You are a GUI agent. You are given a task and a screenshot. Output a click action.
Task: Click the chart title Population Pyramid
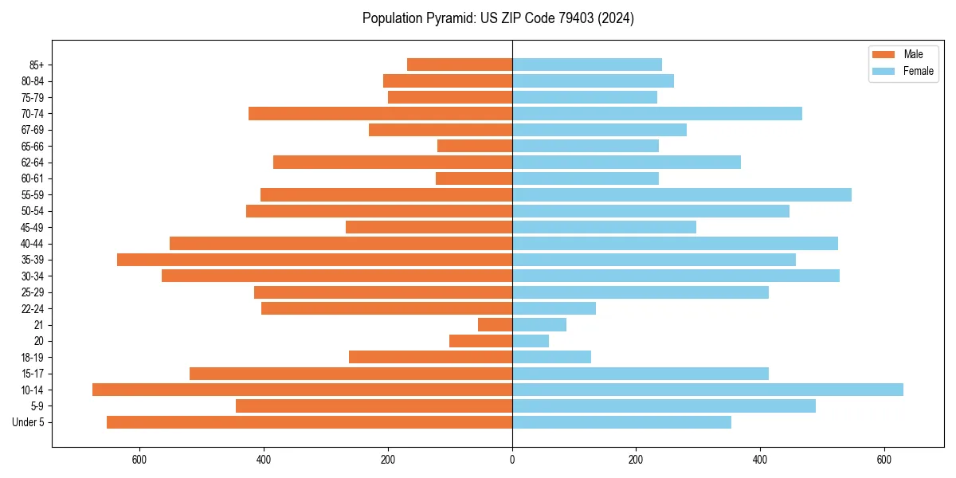[498, 18]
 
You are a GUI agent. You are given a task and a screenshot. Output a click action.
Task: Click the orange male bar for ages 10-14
[302, 390]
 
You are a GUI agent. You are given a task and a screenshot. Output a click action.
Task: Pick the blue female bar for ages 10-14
[707, 390]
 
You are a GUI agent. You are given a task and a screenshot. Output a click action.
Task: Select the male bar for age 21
[495, 324]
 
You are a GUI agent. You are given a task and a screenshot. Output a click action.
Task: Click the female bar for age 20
[531, 341]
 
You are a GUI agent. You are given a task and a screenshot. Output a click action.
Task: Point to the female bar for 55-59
[681, 194]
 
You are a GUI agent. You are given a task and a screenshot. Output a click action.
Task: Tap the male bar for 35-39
[315, 260]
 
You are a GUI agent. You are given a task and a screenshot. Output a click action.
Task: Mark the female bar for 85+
[587, 65]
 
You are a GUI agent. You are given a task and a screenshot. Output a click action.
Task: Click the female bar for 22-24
[554, 308]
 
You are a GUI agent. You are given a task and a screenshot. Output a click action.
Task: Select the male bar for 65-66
[475, 146]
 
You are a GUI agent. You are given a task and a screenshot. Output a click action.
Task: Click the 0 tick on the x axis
[512, 460]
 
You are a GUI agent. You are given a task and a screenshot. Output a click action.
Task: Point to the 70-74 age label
[32, 114]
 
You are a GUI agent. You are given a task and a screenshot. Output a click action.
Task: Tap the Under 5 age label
[29, 422]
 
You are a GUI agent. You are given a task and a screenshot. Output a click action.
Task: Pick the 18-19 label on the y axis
[32, 357]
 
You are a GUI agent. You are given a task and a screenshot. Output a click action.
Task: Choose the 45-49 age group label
[32, 227]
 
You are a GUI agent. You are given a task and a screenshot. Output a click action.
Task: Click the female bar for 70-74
[657, 113]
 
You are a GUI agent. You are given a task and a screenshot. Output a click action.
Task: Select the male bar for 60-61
[474, 178]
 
